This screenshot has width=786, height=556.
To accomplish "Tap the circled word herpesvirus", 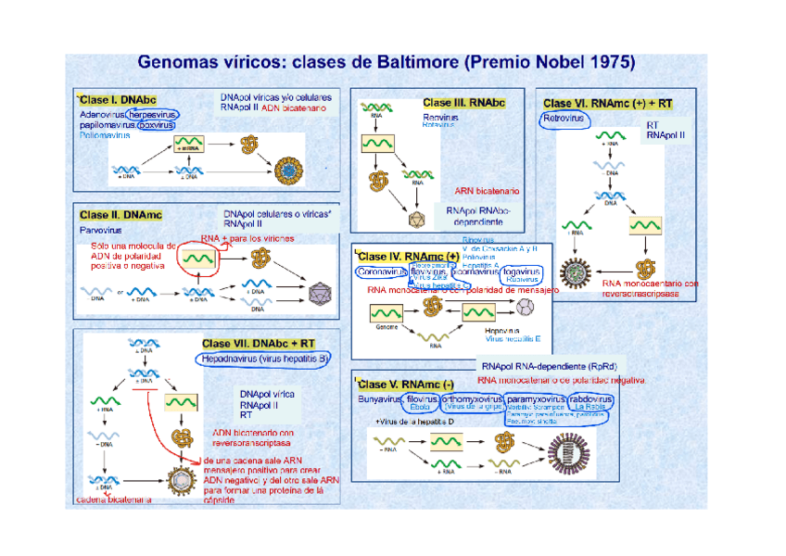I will click(152, 114).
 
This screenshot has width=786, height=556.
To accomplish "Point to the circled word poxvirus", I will click(155, 124).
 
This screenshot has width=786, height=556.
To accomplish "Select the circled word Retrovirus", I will click(563, 120).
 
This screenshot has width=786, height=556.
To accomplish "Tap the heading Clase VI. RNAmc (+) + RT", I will click(608, 104).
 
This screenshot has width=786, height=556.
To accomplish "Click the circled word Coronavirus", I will click(380, 272).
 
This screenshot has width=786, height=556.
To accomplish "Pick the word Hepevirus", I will click(501, 330).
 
